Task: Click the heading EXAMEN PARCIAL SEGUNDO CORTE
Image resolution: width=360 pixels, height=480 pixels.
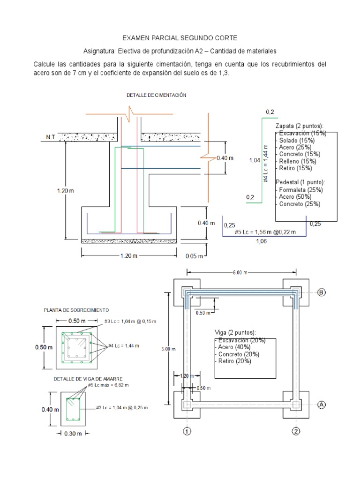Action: pos(180,37)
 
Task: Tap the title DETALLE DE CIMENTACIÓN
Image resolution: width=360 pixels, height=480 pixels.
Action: pos(157,95)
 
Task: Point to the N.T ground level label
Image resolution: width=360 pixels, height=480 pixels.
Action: pos(51,137)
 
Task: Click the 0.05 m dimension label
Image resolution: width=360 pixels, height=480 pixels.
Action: pos(194,256)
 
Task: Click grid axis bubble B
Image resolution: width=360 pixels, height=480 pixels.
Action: pos(322,292)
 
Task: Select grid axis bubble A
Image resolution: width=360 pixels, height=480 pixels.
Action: pos(322,405)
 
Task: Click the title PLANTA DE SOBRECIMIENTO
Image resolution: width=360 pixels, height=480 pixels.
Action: pos(76,310)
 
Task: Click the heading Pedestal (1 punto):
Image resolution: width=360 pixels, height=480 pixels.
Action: pos(300,182)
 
